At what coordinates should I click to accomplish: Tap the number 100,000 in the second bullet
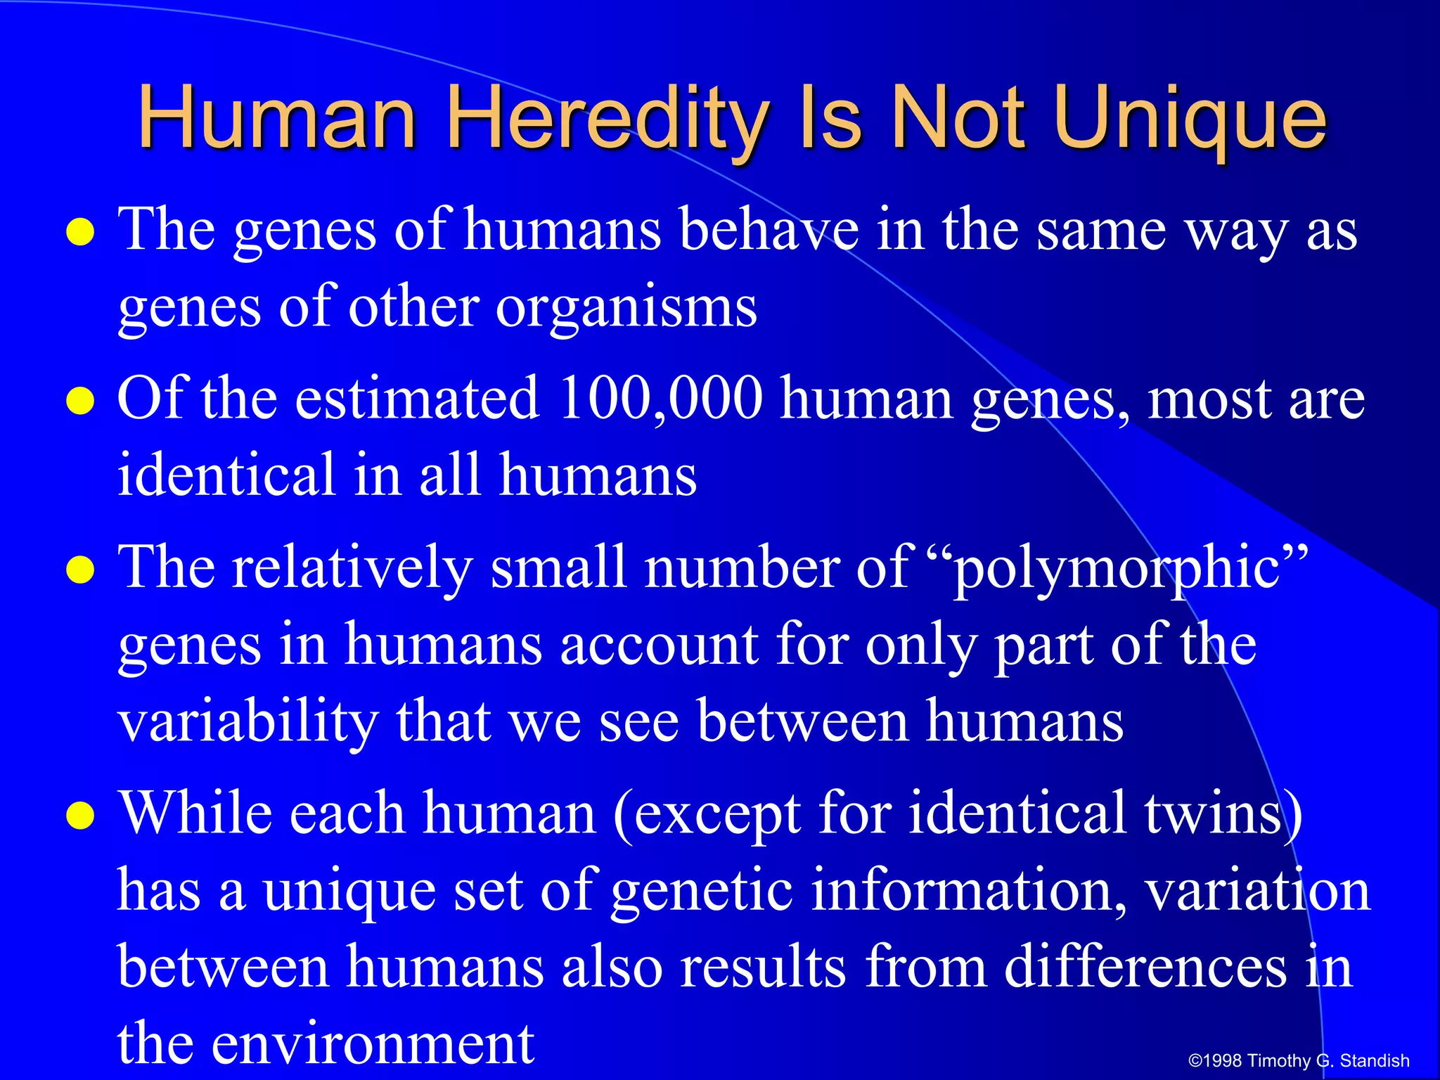coord(660,399)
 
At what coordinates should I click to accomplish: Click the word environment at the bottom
coord(373,1042)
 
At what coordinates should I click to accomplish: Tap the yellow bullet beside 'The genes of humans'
coord(80,233)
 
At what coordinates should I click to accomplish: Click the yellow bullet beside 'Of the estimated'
coord(80,401)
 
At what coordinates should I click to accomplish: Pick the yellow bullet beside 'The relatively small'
coord(80,570)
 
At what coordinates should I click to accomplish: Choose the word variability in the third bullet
coord(248,721)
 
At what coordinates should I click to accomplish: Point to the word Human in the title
coord(278,118)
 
